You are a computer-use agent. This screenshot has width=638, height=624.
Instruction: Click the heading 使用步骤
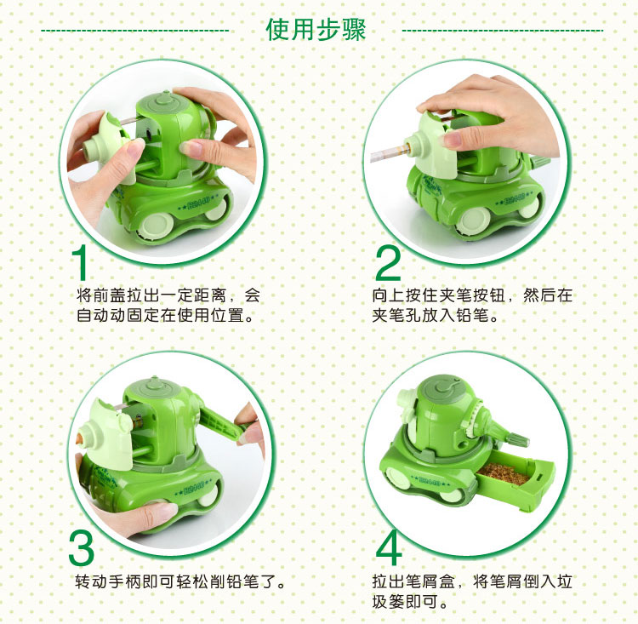(x=316, y=30)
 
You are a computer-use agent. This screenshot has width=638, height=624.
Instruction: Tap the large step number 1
(x=80, y=262)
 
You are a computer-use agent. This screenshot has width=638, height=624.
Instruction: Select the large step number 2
(x=388, y=263)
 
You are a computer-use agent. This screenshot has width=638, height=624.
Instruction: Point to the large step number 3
(x=82, y=547)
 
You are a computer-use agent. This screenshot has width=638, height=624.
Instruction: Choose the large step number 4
(x=389, y=547)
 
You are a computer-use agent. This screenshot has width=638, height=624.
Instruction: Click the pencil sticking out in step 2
(x=387, y=153)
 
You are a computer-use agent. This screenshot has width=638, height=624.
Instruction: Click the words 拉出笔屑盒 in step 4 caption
(x=413, y=581)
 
